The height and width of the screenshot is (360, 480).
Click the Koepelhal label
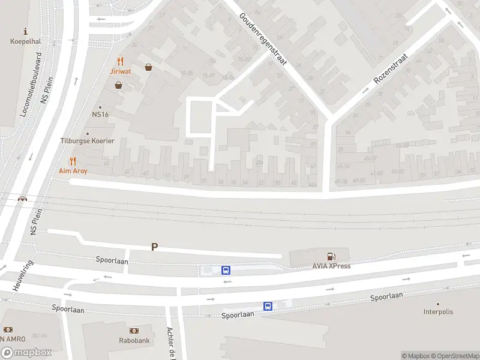click(x=25, y=41)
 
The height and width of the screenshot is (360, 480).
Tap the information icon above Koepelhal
click(x=25, y=31)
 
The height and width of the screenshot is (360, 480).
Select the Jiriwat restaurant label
click(x=121, y=71)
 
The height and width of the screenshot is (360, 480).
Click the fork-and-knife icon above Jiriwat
click(x=121, y=61)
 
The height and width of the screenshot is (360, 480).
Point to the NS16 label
click(x=100, y=114)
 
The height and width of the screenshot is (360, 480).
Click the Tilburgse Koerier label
click(x=87, y=141)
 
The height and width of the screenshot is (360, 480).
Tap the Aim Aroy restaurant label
click(x=73, y=170)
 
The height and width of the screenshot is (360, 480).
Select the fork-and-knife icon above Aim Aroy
click(x=73, y=161)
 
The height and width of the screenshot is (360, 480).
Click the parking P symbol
click(x=154, y=247)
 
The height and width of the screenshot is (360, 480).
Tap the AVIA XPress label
click(x=331, y=266)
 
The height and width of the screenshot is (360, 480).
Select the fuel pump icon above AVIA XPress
click(x=331, y=256)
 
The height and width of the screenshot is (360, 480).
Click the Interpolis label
click(x=438, y=311)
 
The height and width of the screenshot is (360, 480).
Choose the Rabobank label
click(x=133, y=340)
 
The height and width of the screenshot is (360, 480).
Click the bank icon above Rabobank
click(x=133, y=331)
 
